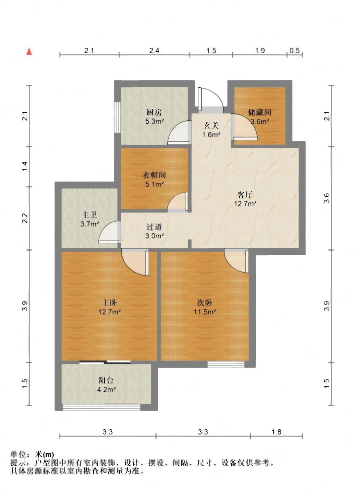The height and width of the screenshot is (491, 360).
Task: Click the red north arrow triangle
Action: [x=29, y=52]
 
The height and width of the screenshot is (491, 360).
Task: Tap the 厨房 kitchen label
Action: [x=154, y=112]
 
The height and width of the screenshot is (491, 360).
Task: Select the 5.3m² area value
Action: [x=155, y=121]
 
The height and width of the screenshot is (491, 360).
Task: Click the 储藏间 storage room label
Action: [x=260, y=112]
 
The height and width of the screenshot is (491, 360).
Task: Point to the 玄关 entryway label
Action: [x=211, y=125]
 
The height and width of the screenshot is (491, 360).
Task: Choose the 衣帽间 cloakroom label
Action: [x=154, y=175]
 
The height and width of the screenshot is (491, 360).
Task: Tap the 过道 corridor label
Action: [x=154, y=227]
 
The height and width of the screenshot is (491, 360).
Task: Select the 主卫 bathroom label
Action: [x=89, y=215]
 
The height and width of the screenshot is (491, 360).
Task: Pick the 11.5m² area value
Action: [x=205, y=311]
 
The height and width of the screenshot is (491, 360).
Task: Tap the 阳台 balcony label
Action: [x=106, y=380]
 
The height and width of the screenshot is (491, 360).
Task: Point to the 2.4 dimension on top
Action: [x=154, y=51]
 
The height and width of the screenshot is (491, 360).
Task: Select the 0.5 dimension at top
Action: [x=294, y=51]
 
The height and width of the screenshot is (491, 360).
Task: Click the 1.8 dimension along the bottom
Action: [x=276, y=432]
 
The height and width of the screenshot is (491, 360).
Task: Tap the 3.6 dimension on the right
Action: [x=326, y=198]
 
